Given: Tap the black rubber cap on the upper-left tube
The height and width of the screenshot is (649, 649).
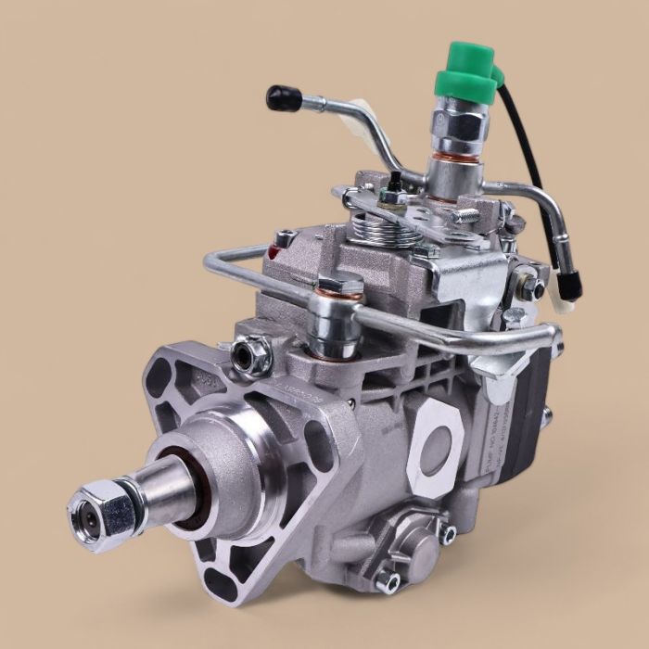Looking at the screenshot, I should pos(280,95).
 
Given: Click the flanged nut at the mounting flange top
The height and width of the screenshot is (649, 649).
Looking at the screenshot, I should pos(253,353).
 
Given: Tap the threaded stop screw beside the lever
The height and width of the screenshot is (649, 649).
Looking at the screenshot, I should pos(464,217).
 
